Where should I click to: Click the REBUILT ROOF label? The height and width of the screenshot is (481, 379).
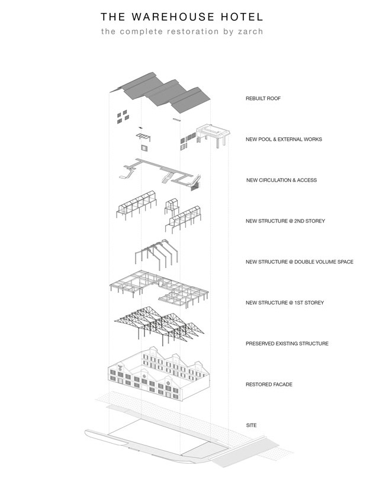[x=263, y=98]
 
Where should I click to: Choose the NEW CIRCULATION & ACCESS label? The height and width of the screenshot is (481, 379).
[x=281, y=180]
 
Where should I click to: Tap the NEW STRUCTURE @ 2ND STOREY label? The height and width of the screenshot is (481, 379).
[x=285, y=221]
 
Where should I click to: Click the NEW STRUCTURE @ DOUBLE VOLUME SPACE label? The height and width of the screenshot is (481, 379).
[x=299, y=262]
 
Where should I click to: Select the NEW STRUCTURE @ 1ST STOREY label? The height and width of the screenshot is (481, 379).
[x=284, y=303]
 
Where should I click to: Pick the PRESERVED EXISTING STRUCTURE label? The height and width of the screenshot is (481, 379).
[x=287, y=343]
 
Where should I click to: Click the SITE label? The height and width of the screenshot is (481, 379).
[x=251, y=425]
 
